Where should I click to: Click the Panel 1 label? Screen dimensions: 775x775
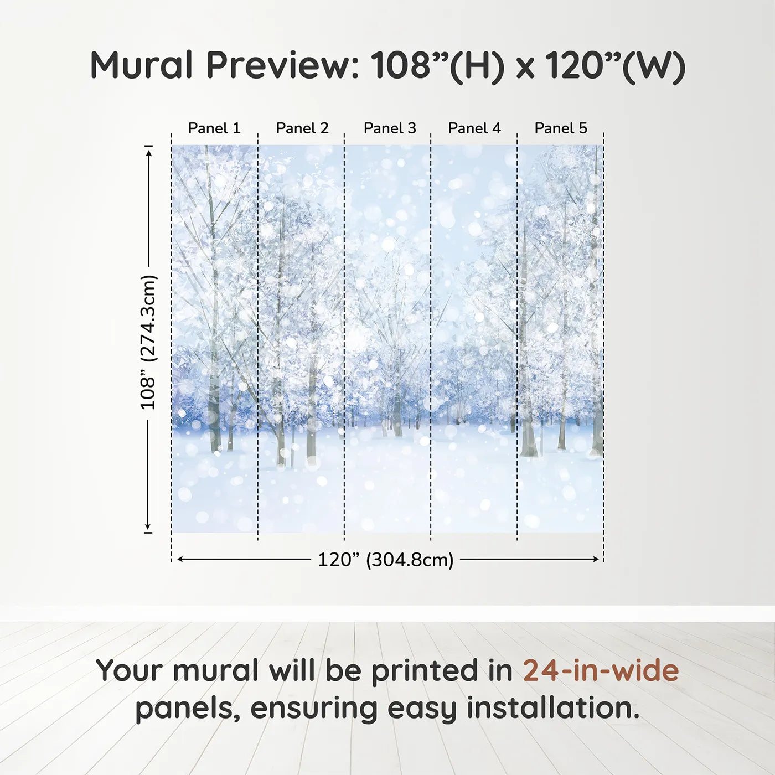pos(214,128)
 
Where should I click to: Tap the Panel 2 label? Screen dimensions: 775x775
pos(302,128)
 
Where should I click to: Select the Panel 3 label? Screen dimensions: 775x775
pos(390,128)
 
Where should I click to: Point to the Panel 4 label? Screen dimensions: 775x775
pos(474,128)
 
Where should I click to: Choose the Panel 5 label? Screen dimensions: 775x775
pos(561,128)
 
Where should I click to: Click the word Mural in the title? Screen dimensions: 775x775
pos(142,65)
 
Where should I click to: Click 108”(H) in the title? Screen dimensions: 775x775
pos(437,66)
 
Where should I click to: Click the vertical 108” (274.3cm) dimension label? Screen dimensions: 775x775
pos(147,342)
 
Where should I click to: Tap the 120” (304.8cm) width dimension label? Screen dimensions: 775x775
pos(386,560)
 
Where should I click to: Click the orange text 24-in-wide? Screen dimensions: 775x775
pos(601,670)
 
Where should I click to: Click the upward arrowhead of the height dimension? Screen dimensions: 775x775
pos(148,153)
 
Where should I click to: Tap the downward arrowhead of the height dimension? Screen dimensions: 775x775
pos(148,526)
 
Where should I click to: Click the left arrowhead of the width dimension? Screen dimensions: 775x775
pos(181,559)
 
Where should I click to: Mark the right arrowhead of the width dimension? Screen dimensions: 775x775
pos(596,559)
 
